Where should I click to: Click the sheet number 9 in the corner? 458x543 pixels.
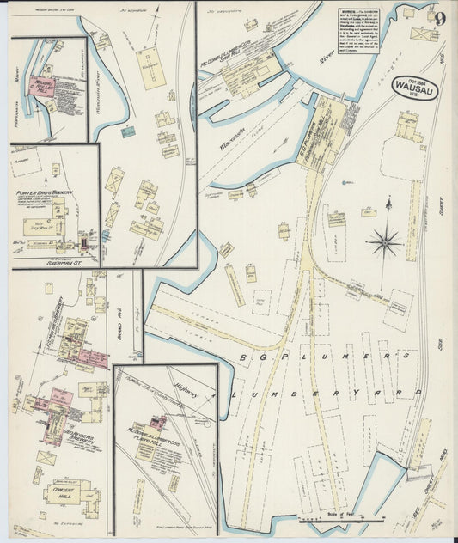(x=439, y=18)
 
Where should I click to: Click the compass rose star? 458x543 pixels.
(x=384, y=241)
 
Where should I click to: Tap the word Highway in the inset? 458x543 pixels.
(x=185, y=393)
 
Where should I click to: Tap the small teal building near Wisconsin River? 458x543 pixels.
(x=127, y=131)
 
